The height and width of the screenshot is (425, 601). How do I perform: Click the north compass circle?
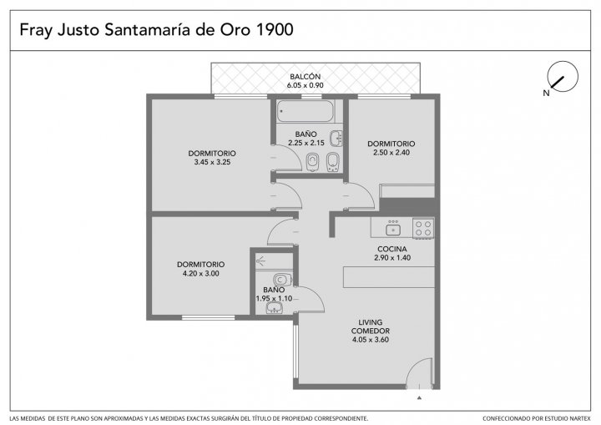pyautogui.click(x=563, y=62)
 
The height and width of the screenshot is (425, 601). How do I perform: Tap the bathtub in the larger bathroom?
pyautogui.click(x=306, y=111)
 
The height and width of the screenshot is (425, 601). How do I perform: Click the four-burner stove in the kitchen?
pyautogui.click(x=423, y=228)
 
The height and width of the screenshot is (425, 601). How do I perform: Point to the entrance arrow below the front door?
pyautogui.click(x=419, y=397)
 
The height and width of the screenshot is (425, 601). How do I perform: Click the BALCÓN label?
pyautogui.click(x=306, y=77)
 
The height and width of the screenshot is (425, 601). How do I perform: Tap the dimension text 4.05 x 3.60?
pyautogui.click(x=371, y=340)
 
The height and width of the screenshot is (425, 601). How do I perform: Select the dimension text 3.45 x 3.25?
pyautogui.click(x=212, y=162)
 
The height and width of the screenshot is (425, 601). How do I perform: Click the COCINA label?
pyautogui.click(x=392, y=249)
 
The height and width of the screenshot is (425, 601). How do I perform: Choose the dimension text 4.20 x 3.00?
pyautogui.click(x=201, y=274)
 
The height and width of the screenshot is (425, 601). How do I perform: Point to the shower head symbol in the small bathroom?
pyautogui.click(x=260, y=261)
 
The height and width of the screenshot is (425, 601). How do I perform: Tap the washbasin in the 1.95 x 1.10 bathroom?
pyautogui.click(x=274, y=307)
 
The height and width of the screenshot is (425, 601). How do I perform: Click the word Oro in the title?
pyautogui.click(x=235, y=29)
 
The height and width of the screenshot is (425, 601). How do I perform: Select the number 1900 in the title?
pyautogui.click(x=274, y=29)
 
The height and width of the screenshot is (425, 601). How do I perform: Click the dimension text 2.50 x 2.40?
pyautogui.click(x=391, y=152)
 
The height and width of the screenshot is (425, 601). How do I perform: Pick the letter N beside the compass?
pyautogui.click(x=546, y=93)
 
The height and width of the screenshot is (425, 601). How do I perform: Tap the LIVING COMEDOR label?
pyautogui.click(x=371, y=326)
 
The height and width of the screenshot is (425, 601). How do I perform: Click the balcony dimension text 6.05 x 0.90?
pyautogui.click(x=306, y=85)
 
